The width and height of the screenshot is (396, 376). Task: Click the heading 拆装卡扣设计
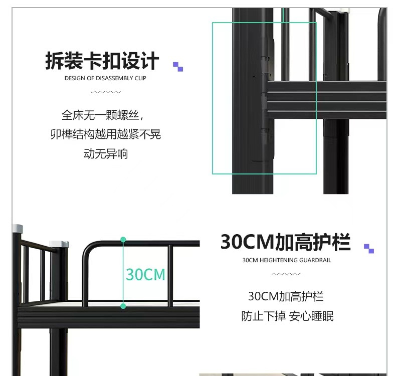tap(102, 61)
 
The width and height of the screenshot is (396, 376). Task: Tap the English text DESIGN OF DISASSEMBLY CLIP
tap(105, 78)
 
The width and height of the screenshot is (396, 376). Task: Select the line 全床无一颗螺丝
tap(102, 115)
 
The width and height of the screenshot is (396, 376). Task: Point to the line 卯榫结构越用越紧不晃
tap(105, 134)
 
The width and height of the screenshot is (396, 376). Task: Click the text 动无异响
tap(105, 153)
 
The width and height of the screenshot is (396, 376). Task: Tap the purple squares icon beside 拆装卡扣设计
tap(178, 66)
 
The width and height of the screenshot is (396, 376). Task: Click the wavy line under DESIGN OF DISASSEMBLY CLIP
tap(106, 92)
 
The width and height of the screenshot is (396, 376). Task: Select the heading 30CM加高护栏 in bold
tap(285, 242)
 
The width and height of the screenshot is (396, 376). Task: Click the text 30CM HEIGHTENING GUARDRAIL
tap(286, 260)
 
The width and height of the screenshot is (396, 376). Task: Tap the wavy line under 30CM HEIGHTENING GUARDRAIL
tap(286, 274)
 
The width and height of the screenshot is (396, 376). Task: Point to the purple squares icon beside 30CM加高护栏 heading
tap(369, 248)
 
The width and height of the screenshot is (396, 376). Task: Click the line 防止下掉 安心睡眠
tap(287, 316)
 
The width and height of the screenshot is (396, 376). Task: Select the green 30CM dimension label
tap(145, 274)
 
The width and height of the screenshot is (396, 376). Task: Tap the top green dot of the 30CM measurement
tap(123, 240)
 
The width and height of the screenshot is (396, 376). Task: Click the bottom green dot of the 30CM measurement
tap(123, 306)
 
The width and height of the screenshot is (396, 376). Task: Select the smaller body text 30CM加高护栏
tap(286, 296)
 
